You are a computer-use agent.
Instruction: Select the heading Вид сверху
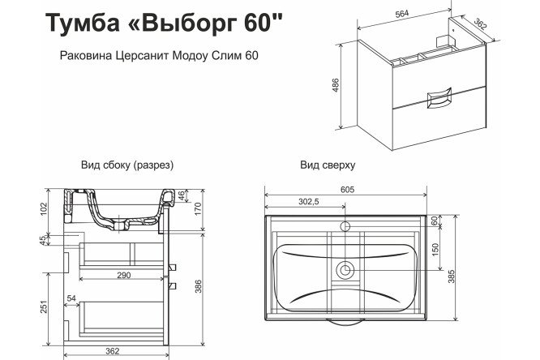pyautogui.click(x=328, y=165)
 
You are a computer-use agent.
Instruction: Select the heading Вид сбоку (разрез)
pyautogui.click(x=128, y=165)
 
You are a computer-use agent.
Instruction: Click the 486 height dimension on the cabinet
pyautogui.click(x=335, y=84)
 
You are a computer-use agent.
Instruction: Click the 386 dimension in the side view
pyautogui.click(x=198, y=285)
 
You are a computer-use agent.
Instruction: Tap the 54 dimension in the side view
pyautogui.click(x=72, y=298)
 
